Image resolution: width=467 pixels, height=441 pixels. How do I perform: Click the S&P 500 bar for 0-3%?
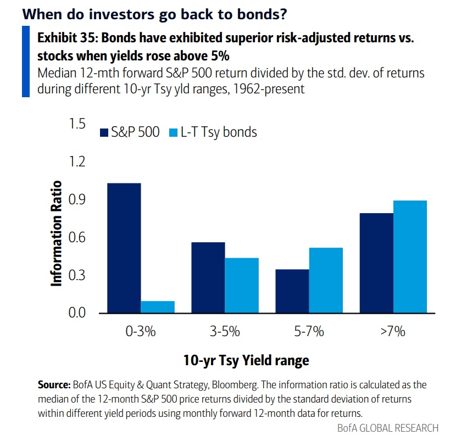[124, 248]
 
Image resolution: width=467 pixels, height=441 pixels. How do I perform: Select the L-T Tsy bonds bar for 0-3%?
[158, 307]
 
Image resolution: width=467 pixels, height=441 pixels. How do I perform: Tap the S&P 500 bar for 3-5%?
[208, 277]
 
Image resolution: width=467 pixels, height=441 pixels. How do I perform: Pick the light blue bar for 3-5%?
[242, 286]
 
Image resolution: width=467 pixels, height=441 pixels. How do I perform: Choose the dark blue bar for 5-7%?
[292, 291]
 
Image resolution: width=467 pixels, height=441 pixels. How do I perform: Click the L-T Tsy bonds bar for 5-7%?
[326, 280]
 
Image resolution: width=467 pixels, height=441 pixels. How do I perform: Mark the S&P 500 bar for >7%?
[376, 263]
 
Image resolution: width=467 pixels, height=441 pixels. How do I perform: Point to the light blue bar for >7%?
[410, 256]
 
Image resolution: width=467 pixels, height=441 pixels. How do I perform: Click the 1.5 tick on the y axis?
[78, 124]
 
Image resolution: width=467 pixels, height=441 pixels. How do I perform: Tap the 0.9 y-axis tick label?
[78, 200]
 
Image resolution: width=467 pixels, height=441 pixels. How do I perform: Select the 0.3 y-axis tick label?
[78, 275]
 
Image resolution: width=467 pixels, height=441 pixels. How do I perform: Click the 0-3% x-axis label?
[141, 332]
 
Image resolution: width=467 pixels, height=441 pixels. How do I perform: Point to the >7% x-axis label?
[393, 332]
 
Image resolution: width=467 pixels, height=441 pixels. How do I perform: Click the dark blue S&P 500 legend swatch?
[104, 132]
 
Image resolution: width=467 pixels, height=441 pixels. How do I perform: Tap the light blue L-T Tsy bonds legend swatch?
[171, 132]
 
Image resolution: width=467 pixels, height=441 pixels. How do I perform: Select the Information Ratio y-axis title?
[56, 233]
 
